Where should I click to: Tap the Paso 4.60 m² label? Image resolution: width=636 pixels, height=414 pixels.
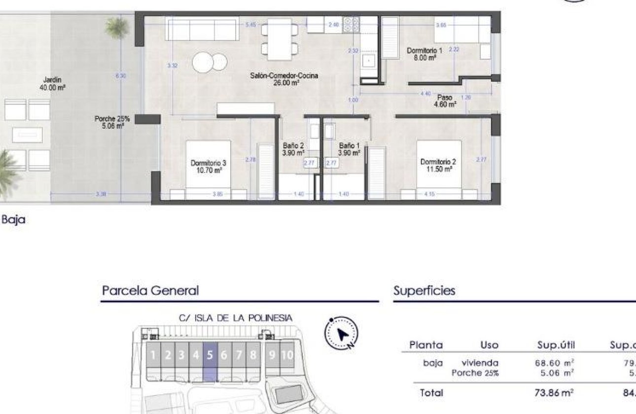click(x=445, y=101)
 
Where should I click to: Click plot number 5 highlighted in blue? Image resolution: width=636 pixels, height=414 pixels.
click(x=210, y=355)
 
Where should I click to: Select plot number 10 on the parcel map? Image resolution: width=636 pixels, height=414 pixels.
click(x=287, y=355)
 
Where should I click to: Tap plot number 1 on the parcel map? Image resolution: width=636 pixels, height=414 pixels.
click(x=153, y=355)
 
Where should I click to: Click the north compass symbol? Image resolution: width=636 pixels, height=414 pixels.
click(x=341, y=334)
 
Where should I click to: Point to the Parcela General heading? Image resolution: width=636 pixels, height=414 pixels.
click(x=150, y=291)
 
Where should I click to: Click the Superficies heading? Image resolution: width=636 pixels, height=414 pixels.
click(x=424, y=291)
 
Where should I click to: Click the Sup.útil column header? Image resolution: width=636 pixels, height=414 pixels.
click(x=556, y=345)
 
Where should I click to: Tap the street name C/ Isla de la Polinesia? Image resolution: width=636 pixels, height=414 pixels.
click(x=236, y=318)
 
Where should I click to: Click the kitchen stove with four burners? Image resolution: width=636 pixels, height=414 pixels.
click(x=351, y=25)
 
